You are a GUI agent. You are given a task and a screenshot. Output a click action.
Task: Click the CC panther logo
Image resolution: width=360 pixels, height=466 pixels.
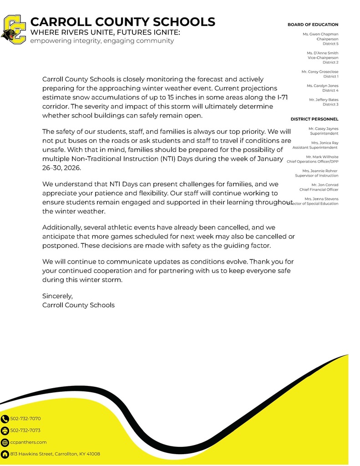[x=14, y=30]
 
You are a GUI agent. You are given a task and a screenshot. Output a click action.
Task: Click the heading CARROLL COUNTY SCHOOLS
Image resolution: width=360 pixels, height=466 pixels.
[x=122, y=22]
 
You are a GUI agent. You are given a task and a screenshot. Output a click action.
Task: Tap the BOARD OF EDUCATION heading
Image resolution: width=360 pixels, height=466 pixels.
[x=313, y=25]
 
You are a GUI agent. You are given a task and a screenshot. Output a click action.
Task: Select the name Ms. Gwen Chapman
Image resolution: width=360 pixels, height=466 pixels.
[x=320, y=34]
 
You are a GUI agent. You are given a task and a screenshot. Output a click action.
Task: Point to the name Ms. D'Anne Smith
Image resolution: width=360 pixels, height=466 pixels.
[x=322, y=53]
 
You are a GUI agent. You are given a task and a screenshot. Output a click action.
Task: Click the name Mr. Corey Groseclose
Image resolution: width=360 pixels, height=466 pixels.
[x=319, y=72]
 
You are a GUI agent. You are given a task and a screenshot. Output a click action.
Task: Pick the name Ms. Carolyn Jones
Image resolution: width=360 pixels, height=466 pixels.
[x=322, y=86]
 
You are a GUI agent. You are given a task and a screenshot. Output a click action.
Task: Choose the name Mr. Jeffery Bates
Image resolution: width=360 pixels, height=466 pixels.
[x=324, y=100]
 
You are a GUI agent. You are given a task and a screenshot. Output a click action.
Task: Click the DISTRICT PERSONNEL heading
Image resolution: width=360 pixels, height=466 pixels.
[x=314, y=119]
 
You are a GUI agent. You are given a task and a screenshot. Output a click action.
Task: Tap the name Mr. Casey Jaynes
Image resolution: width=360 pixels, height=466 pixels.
[x=323, y=129]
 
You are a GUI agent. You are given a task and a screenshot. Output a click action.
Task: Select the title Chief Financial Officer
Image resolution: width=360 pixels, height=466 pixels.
[x=319, y=189]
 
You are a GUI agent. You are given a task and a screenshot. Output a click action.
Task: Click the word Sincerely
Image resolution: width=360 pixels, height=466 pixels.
[x=57, y=296]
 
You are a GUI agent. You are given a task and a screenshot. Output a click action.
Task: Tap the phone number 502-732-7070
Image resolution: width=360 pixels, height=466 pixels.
[x=25, y=419]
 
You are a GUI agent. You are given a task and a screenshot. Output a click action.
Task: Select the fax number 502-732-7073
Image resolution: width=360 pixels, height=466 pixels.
[x=25, y=431]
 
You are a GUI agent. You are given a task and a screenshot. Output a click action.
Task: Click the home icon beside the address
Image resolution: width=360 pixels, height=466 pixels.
[x=5, y=454]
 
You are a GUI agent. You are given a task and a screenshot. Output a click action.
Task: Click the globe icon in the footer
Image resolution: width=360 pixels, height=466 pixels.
[x=5, y=442]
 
